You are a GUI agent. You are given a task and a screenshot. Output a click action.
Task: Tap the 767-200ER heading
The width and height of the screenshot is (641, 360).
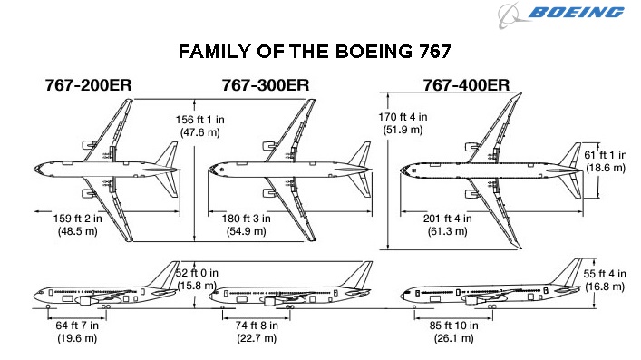89,85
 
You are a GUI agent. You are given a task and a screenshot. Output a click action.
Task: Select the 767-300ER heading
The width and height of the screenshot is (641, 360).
265,85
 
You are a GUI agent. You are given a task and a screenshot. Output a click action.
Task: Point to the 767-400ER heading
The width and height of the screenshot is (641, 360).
465,85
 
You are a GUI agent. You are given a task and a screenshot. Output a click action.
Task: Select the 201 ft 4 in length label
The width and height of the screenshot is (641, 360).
447,225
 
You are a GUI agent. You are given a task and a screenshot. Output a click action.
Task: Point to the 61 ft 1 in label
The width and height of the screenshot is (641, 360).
604,161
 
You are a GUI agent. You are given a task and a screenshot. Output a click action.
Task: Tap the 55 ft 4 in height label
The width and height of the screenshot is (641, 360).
604,280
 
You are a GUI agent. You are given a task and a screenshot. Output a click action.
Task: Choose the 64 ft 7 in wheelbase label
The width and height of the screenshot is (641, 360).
77,332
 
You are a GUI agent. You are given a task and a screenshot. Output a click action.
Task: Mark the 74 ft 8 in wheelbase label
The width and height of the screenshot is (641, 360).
255,332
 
